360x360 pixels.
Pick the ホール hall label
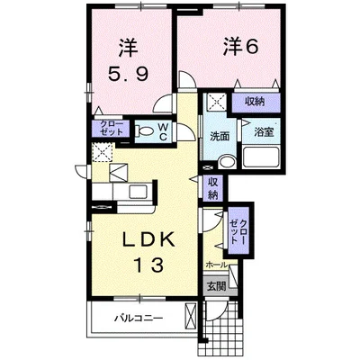click(x=215, y=265)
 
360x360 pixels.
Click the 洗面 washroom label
click(x=220, y=137)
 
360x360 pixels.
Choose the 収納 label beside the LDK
click(x=213, y=188)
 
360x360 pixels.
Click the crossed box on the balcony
click(x=189, y=318)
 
